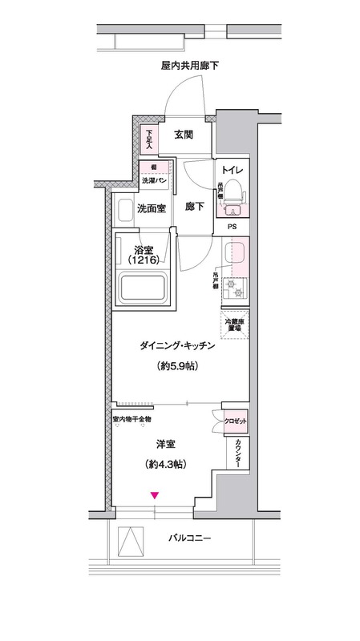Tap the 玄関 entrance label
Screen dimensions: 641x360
click(x=182, y=135)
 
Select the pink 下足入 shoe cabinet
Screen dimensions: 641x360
click(x=149, y=139)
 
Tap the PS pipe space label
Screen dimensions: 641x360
click(x=232, y=227)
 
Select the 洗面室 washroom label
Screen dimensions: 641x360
click(x=151, y=209)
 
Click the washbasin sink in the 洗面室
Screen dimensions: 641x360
click(x=124, y=212)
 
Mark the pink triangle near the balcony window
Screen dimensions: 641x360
click(x=156, y=497)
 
